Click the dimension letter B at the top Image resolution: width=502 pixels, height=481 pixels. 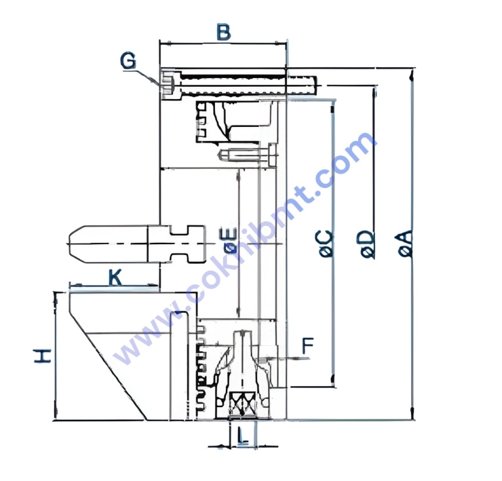pyautogui.click(x=223, y=33)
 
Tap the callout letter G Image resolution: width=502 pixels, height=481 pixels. pyautogui.click(x=128, y=61)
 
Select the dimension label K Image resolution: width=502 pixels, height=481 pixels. pyautogui.click(x=115, y=277)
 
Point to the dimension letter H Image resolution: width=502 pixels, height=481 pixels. pyautogui.click(x=43, y=356)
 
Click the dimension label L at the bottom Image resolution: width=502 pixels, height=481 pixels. pyautogui.click(x=243, y=436)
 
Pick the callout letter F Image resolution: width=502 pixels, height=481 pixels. pyautogui.click(x=308, y=346)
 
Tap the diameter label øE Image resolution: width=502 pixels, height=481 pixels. pyautogui.click(x=230, y=241)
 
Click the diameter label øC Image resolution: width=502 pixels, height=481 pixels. pyautogui.click(x=326, y=244)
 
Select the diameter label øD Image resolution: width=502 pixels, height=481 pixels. pyautogui.click(x=368, y=244)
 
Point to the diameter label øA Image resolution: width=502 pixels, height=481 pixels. pyautogui.click(x=405, y=244)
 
